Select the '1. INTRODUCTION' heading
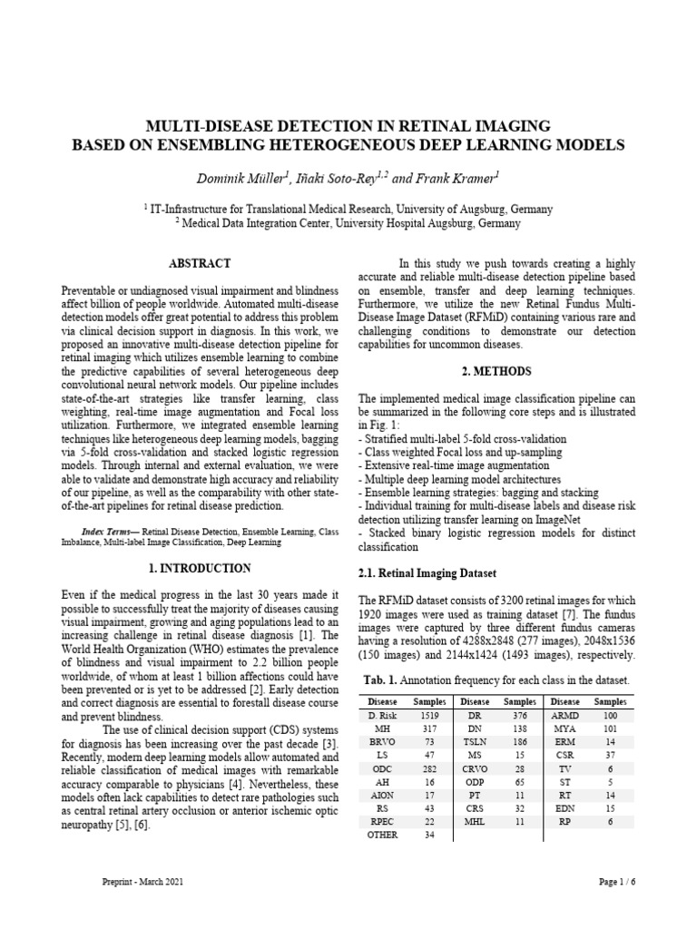tap(200, 569)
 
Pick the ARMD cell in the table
tap(565, 716)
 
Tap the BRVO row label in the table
tap(382, 743)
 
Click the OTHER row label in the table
tap(382, 836)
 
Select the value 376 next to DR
tap(520, 716)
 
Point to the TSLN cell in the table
tap(475, 743)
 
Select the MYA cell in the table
tap(565, 729)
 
